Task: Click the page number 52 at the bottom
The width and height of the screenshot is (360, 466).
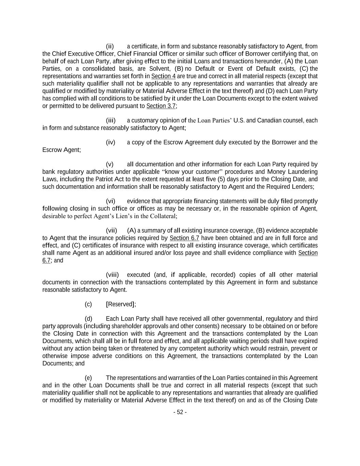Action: click(180, 412)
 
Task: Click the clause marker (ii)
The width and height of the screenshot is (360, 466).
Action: click(110, 46)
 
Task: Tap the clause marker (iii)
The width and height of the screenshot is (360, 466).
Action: click(111, 120)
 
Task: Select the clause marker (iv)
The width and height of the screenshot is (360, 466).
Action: click(111, 142)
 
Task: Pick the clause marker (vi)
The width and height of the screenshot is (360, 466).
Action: click(111, 201)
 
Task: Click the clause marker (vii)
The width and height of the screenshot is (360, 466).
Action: click(111, 230)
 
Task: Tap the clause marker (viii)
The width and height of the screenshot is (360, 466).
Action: click(112, 275)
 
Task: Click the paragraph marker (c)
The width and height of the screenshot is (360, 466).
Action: click(88, 304)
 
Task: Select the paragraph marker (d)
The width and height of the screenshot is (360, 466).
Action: click(88, 319)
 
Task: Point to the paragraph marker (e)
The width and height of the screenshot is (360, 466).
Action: click(88, 378)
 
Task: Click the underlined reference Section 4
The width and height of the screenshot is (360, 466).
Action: click(163, 76)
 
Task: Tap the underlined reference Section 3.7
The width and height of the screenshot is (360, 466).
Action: click(161, 106)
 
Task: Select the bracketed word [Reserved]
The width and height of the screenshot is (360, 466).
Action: click(120, 304)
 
